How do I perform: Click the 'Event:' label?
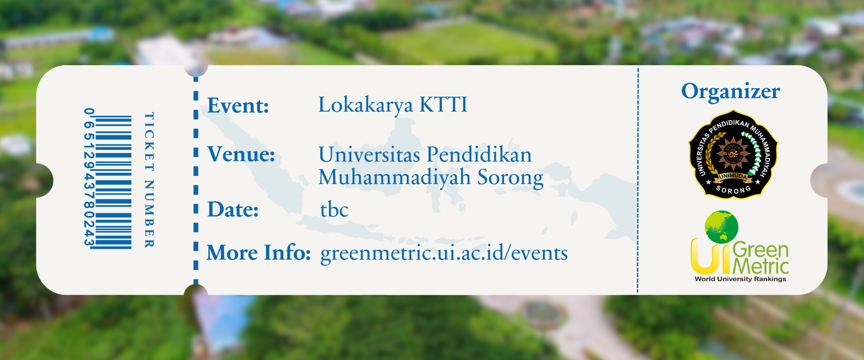(x=238, y=106)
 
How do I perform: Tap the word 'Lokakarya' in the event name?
(x=365, y=105)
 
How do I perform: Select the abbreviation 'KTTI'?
(x=444, y=104)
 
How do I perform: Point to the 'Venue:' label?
(x=241, y=154)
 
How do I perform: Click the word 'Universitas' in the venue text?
(x=369, y=154)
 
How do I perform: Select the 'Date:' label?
(x=233, y=210)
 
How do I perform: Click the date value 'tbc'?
(x=334, y=210)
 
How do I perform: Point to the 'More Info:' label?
(x=259, y=252)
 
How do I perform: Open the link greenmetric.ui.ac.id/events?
(x=444, y=253)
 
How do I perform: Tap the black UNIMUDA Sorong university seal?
(x=733, y=154)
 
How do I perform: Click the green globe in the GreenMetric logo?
(x=722, y=227)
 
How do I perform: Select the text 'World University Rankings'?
(x=740, y=279)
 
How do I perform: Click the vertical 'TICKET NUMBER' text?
(x=149, y=180)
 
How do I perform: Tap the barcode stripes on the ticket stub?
(x=113, y=182)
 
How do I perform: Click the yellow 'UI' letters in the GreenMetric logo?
(x=711, y=256)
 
